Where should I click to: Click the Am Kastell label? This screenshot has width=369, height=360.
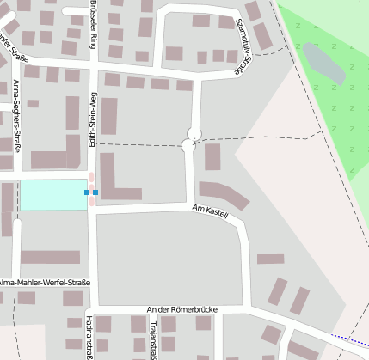pos(210,211)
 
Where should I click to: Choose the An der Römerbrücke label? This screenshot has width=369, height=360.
pos(181,309)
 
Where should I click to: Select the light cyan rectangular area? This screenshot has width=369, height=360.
pos(52,195)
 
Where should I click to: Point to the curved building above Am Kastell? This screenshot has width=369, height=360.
pos(224,194)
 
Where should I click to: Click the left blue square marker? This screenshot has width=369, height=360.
pos(87,192)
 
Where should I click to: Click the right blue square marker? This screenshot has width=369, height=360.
pos(95,192)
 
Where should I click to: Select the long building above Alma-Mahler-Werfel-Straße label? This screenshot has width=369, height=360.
pos(50,257)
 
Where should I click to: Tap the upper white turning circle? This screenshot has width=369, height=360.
pos(194,133)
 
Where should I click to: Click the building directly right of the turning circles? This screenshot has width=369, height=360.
pos(212,156)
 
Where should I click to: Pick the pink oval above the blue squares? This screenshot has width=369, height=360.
pos(91,178)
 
